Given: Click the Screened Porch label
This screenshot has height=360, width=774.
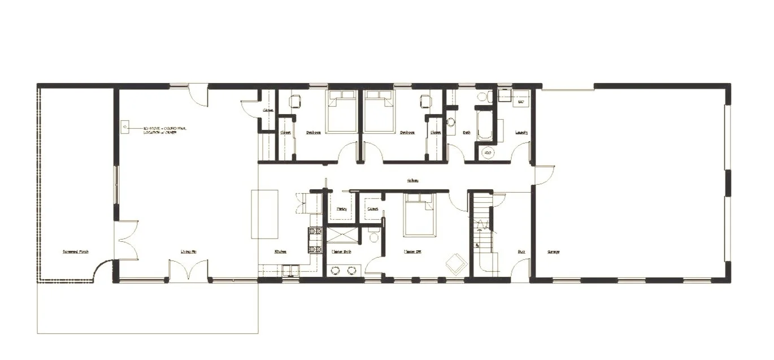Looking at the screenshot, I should pos(75,252).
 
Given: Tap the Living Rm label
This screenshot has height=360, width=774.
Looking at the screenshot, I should pos(189,252).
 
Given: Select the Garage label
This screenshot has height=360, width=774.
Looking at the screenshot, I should pos(553,252).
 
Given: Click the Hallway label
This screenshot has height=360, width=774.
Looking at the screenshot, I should pos(413,181).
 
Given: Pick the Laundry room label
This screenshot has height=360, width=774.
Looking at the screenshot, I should pos(521,133).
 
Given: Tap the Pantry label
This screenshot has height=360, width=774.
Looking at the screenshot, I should pos(341,209).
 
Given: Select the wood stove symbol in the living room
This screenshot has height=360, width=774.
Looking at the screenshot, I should pos(125,127).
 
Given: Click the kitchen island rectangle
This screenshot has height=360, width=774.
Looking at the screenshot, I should pos(265,215).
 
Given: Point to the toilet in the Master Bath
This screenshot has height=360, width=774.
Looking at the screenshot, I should pos(373,237).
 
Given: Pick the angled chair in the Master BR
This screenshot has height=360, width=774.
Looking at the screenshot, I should pos(455,263).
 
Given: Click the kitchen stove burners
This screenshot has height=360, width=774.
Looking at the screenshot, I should pos(315,240).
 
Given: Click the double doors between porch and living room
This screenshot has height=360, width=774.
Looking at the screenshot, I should pos(127,240).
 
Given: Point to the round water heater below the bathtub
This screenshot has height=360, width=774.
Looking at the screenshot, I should pos(486,153).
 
